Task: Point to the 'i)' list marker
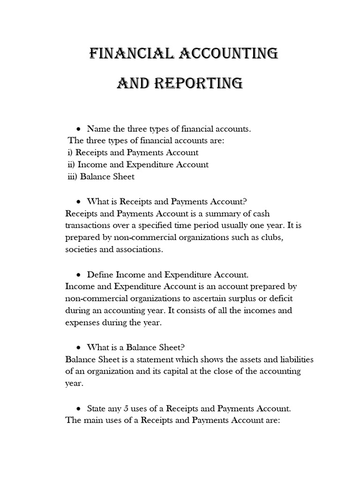pyautogui.click(x=70, y=152)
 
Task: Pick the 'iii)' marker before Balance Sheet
pyautogui.click(x=73, y=177)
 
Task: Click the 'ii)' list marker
pyautogui.click(x=72, y=165)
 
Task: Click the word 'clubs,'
pyautogui.click(x=273, y=238)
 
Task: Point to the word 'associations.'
pyautogui.click(x=140, y=250)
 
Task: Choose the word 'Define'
pyautogui.click(x=99, y=274)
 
